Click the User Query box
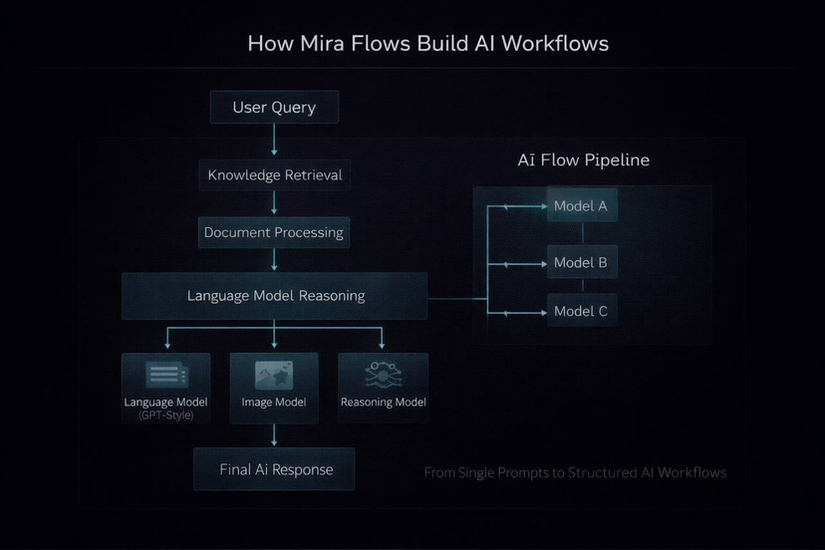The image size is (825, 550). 274,108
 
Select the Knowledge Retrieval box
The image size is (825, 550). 274,175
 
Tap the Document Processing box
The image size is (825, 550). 274,232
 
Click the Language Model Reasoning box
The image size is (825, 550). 275,296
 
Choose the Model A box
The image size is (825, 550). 581,206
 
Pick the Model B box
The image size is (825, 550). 581,263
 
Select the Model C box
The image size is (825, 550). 581,311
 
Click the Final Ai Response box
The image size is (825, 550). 274,469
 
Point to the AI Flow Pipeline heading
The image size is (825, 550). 583,160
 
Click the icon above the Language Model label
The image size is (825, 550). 166,375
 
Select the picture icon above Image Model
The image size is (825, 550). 274,375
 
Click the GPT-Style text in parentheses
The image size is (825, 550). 166,414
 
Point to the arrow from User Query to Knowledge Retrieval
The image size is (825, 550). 274,141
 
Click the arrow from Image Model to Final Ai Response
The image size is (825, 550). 274,434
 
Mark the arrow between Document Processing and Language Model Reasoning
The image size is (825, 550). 274,260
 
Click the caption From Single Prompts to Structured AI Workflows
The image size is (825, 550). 575,472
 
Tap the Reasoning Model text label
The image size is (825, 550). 384,403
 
